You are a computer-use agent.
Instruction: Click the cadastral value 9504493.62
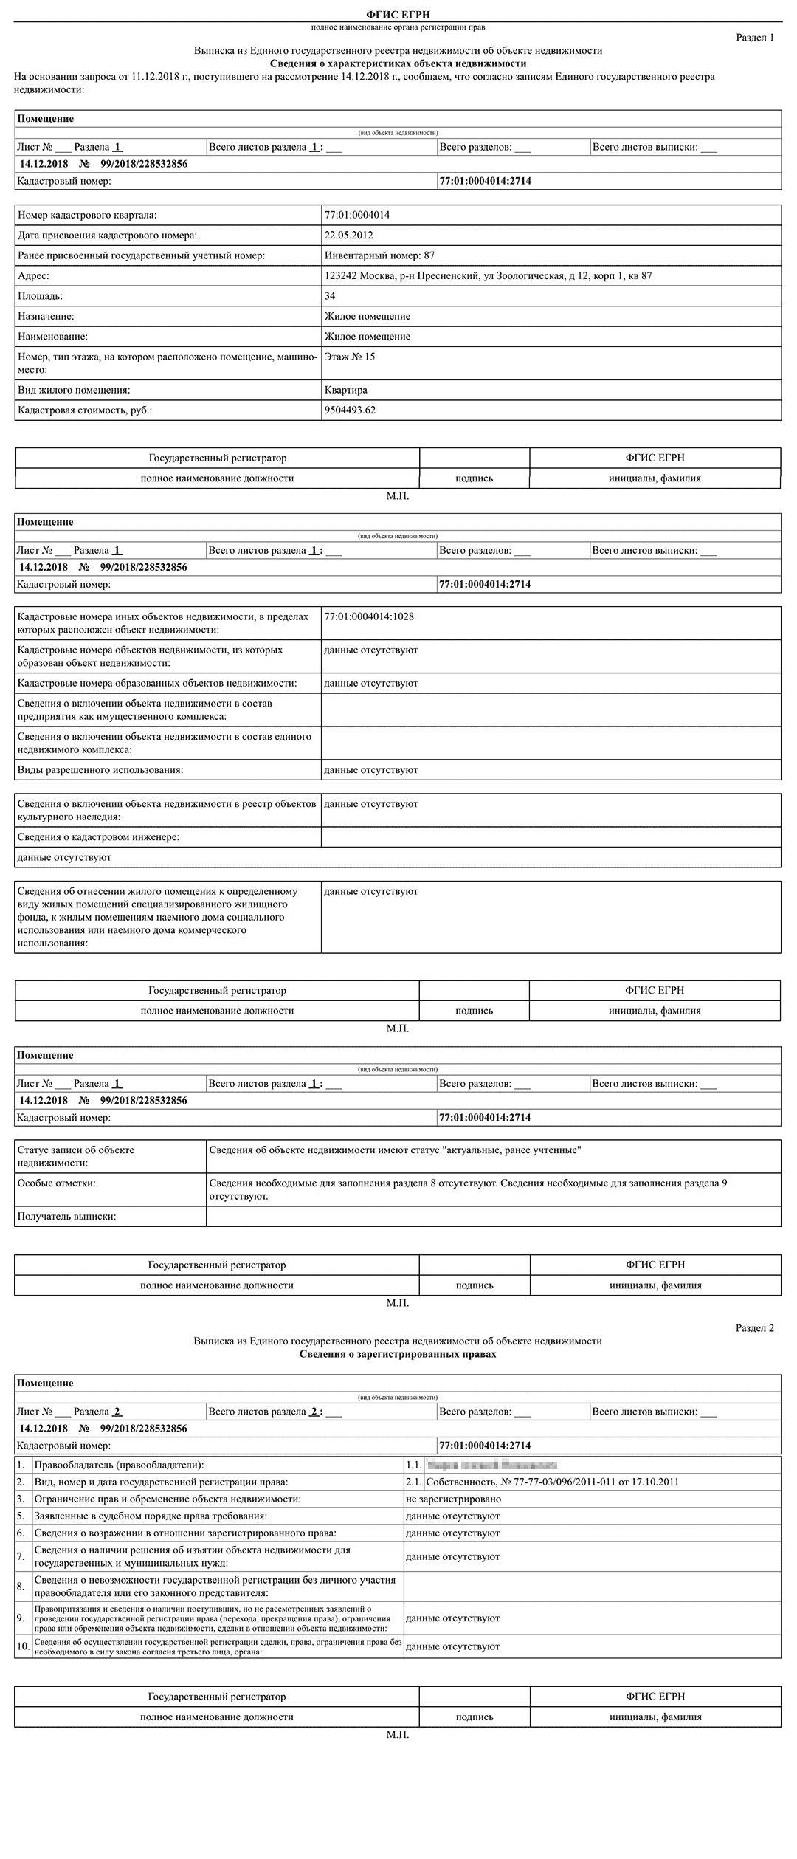(x=350, y=410)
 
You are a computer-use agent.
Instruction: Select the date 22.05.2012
(x=348, y=236)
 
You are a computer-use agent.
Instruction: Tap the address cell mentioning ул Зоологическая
(x=488, y=276)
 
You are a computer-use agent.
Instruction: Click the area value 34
(x=330, y=296)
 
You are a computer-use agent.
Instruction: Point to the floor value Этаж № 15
(x=350, y=357)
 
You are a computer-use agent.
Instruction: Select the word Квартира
(x=345, y=390)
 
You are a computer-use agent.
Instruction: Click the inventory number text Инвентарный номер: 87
(x=379, y=255)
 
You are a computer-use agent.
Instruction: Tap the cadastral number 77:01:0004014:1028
(x=369, y=616)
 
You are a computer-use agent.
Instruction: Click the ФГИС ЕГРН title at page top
(x=398, y=15)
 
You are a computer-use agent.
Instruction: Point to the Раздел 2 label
(x=754, y=1328)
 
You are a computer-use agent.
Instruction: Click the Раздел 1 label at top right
(x=754, y=38)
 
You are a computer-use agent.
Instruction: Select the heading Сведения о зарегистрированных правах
(x=398, y=1354)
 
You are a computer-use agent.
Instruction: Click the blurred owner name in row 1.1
(x=491, y=1465)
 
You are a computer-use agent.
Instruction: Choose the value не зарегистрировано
(x=453, y=1499)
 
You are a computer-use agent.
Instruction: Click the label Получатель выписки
(x=66, y=1216)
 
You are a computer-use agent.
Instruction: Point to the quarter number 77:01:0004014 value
(x=357, y=216)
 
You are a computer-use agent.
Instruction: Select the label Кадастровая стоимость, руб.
(x=85, y=410)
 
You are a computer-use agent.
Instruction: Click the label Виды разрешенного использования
(x=100, y=769)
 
